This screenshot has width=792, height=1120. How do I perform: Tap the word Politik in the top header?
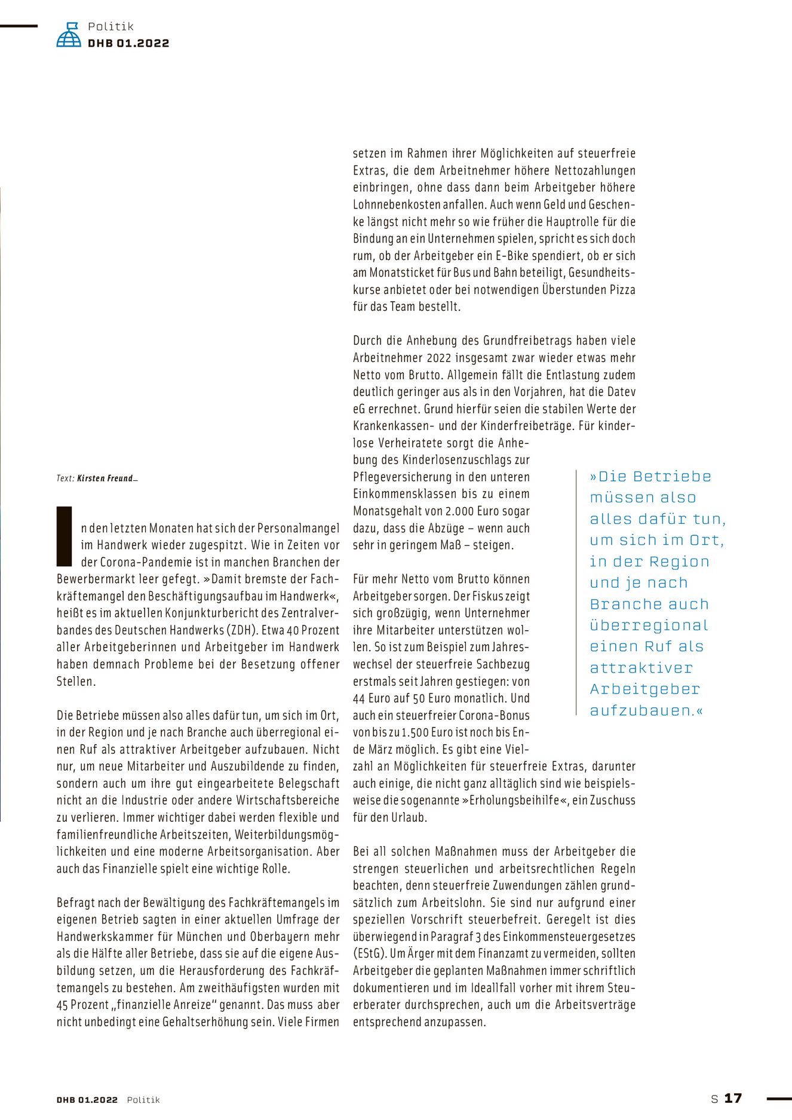110,26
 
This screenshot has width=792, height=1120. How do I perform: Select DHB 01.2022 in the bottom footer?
87,1100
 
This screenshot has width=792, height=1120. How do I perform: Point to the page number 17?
733,1098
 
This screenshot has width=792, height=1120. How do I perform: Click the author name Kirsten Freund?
106,478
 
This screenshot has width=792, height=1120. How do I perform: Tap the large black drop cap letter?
64,536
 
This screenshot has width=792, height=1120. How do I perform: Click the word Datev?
621,392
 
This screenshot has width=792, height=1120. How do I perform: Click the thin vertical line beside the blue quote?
576,592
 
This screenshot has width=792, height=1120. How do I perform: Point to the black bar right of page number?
778,1098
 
